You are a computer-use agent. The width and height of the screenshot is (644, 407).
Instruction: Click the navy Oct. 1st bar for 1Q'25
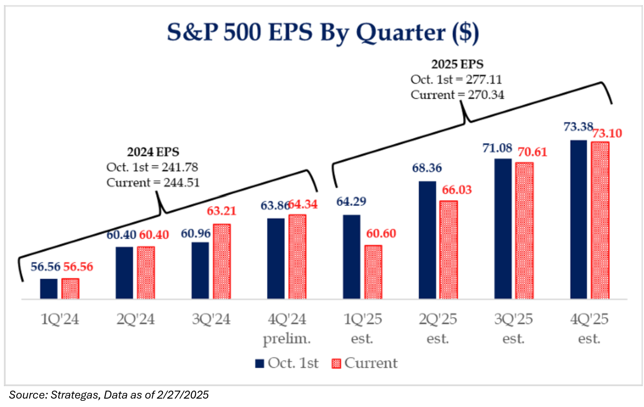tap(351, 257)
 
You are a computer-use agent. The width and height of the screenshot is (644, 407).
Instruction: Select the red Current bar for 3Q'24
tap(222, 261)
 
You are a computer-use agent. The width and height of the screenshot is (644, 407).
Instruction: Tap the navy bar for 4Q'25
tap(579, 219)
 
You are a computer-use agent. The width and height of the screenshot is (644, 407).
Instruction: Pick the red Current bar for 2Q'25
tap(449, 250)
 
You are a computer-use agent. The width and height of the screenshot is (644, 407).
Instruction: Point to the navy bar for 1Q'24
tap(49, 289)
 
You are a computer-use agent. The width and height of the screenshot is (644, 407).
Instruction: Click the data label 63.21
tap(221, 211)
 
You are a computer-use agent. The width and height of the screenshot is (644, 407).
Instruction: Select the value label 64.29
tap(351, 202)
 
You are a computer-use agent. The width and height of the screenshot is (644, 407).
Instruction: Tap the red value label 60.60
tap(381, 234)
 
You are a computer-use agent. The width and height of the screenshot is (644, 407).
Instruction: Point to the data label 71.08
tap(497, 148)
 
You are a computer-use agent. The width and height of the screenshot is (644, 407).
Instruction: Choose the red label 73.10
tap(607, 133)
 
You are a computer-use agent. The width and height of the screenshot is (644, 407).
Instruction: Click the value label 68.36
tap(427, 168)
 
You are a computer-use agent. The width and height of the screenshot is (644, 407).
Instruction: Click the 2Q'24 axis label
tap(136, 319)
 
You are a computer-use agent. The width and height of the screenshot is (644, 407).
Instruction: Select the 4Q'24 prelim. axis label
tap(287, 329)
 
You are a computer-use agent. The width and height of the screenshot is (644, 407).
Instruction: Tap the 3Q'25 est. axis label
tap(514, 329)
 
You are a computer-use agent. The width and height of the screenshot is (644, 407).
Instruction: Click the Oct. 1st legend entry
tap(287, 363)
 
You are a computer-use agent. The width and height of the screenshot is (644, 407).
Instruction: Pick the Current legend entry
tap(365, 363)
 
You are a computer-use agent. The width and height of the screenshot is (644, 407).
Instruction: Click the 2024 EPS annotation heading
tap(153, 152)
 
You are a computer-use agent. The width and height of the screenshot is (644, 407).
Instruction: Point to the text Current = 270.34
tap(457, 95)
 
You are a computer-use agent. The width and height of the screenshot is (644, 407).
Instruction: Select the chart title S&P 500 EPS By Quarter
tap(323, 32)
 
